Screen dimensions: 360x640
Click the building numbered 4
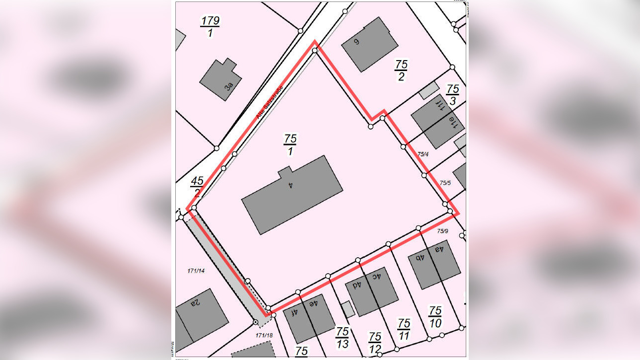pyautogui.click(x=292, y=195)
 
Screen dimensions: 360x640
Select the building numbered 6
pyautogui.click(x=369, y=44)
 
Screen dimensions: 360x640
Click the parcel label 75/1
pyautogui.click(x=290, y=144)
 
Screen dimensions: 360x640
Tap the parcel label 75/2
pyautogui.click(x=401, y=70)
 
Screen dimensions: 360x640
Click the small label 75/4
pyautogui.click(x=423, y=154)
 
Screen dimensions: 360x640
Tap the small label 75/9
pyautogui.click(x=442, y=231)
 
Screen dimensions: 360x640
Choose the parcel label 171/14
pyautogui.click(x=196, y=271)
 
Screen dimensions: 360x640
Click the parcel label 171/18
pyautogui.click(x=264, y=336)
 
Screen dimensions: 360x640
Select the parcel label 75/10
pyautogui.click(x=435, y=317)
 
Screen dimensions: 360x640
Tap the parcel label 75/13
pyautogui.click(x=342, y=338)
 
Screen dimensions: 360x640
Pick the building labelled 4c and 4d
pyautogui.click(x=371, y=291)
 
